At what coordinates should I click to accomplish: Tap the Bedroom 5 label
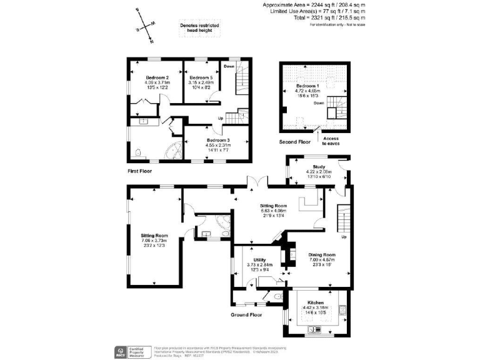(201, 77)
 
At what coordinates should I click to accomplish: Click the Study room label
(318, 166)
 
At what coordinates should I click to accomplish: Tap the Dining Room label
(322, 254)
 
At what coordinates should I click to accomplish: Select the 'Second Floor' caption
(294, 142)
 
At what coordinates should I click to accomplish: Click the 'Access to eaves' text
(331, 141)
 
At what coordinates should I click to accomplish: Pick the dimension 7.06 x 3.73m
(155, 241)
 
